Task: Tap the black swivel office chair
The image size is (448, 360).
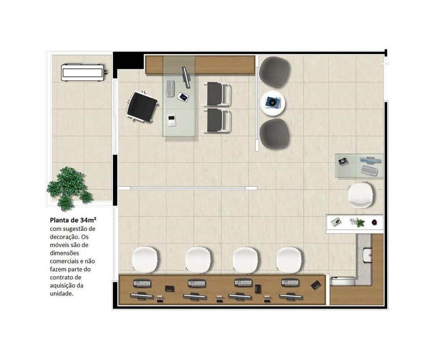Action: click(142, 106)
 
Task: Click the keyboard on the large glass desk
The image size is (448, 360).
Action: click(170, 88)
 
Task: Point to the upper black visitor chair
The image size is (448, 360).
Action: click(217, 94)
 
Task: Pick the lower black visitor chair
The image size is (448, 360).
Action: click(217, 120)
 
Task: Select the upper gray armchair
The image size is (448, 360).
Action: click(275, 72)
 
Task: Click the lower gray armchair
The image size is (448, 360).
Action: click(275, 133)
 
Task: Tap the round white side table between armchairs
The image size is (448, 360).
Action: click(273, 103)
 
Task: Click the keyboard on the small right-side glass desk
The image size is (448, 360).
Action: click(369, 171)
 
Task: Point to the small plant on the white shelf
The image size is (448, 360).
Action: click(358, 222)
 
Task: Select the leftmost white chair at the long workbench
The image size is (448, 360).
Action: click(145, 260)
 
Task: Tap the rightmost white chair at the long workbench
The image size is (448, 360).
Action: click(289, 260)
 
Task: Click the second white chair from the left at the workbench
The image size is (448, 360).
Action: click(198, 260)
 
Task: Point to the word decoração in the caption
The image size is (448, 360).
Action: click(65, 237)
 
